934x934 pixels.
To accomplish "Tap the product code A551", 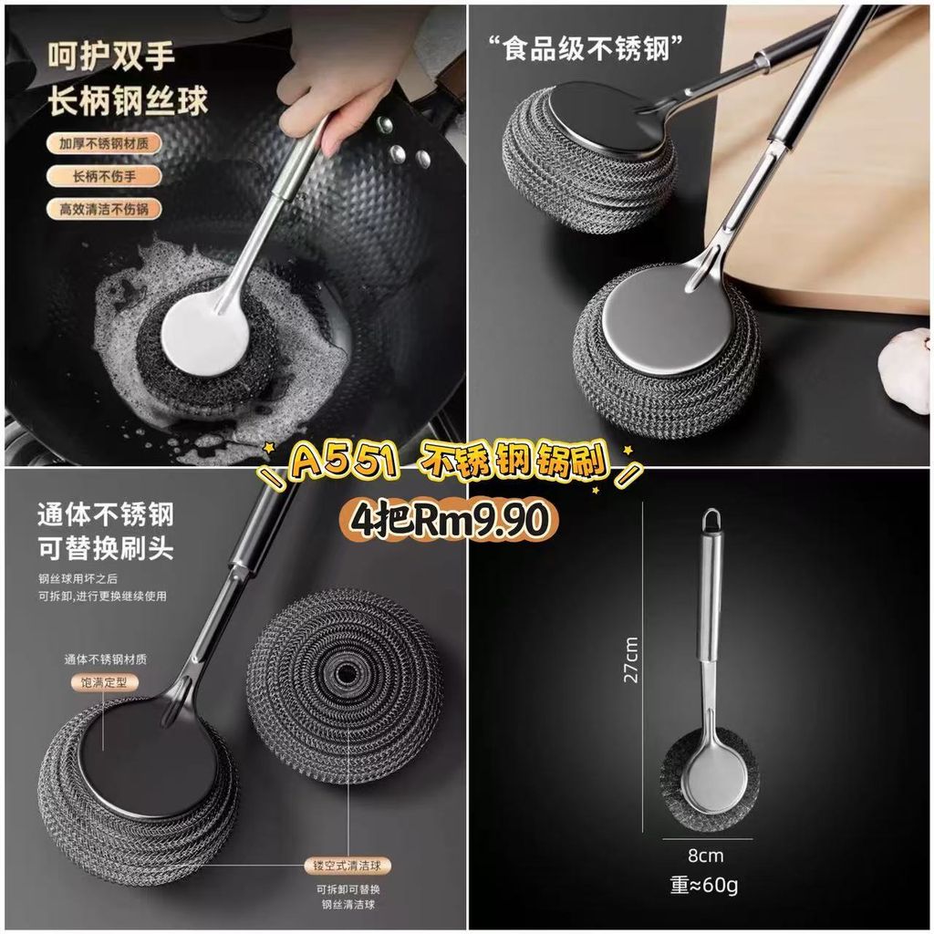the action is (x=344, y=460).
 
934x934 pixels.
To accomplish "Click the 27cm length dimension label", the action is (x=631, y=660).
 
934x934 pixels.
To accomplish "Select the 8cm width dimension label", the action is (x=706, y=856).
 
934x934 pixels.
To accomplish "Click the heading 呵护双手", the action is (x=111, y=57).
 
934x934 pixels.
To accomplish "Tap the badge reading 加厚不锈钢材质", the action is (x=104, y=143).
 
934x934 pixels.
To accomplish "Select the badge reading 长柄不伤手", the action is (x=104, y=176).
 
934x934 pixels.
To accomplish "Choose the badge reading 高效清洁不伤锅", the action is (x=104, y=209).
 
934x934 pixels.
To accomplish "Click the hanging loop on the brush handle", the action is (x=711, y=520).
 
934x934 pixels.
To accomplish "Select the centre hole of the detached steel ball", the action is (x=345, y=673).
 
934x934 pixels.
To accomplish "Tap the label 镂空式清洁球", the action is (x=348, y=866).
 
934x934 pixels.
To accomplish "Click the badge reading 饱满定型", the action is (x=104, y=682).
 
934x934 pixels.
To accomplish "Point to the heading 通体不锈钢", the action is (x=106, y=514).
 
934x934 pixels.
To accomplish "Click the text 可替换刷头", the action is (x=106, y=548).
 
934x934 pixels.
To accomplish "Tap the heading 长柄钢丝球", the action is (x=128, y=100).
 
